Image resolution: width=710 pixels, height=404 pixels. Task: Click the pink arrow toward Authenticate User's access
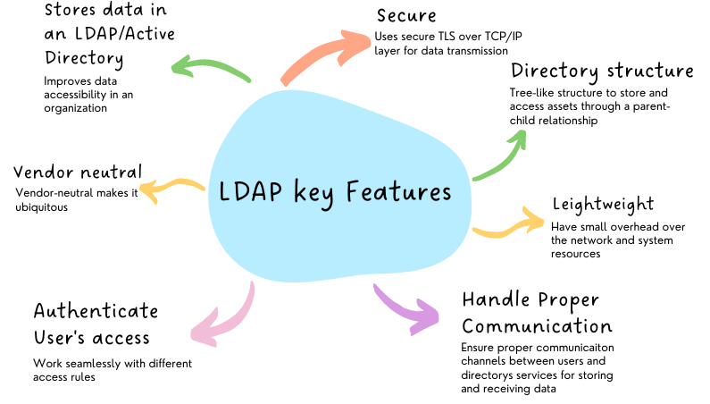point(227,317)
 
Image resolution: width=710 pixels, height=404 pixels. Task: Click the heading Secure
point(408,16)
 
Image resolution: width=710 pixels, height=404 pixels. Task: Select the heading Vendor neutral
point(78,172)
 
